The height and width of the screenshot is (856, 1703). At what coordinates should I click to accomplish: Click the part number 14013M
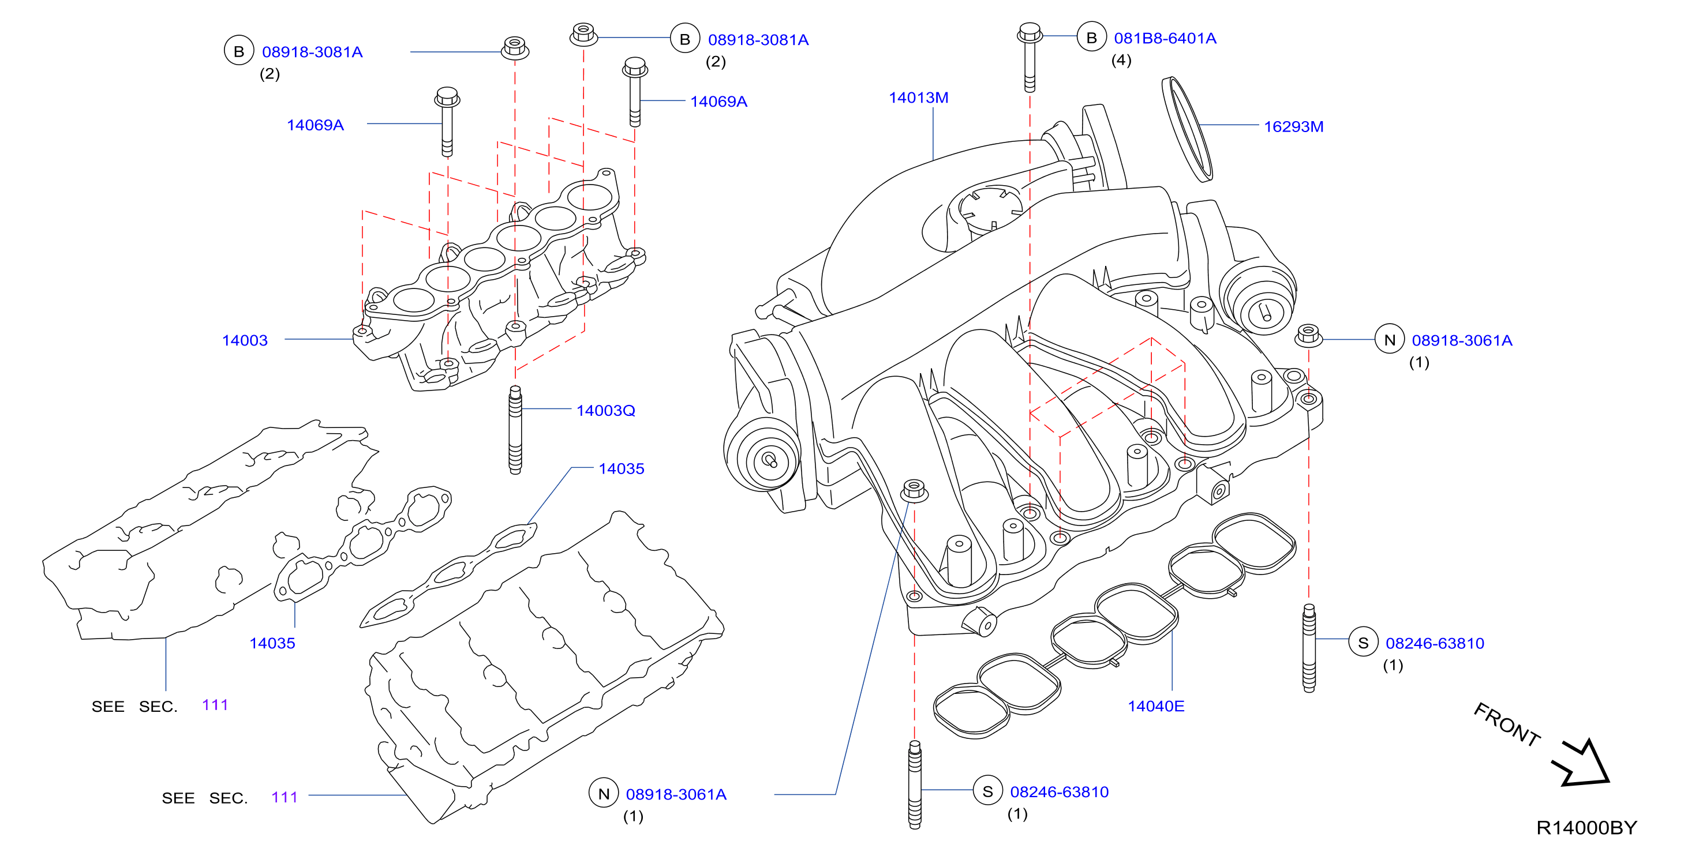pos(918,98)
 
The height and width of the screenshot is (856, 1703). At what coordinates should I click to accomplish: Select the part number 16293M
pos(1293,126)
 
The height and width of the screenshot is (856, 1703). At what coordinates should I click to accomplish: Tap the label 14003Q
pos(605,411)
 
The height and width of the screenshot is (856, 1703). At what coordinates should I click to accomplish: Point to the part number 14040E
pos(1155,706)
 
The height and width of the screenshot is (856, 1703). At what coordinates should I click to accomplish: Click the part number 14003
pos(245,340)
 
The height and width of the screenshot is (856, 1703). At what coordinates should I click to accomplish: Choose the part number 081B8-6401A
pos(1165,38)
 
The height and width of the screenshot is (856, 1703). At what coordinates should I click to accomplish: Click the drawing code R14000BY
pos(1586,828)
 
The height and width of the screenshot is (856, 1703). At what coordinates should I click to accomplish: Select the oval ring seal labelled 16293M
pos(1187,129)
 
